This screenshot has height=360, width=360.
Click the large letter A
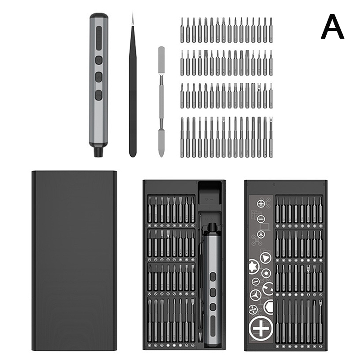pyautogui.click(x=332, y=27)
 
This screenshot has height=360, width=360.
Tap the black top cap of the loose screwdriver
pyautogui.click(x=99, y=16)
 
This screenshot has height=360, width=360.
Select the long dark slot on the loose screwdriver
pyautogui.click(x=99, y=38)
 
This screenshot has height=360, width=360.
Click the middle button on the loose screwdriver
pyautogui.click(x=99, y=77)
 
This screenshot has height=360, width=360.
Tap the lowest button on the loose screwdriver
pyautogui.click(x=99, y=95)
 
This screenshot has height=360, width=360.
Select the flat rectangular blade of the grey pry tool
pyautogui.click(x=162, y=55)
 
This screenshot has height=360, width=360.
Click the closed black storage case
pyautogui.click(x=74, y=261)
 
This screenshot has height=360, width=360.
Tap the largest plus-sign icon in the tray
pyautogui.click(x=261, y=328)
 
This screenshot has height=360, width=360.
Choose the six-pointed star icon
pyautogui.click(x=253, y=266)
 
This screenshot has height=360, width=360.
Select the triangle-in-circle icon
pyautogui.click(x=265, y=258)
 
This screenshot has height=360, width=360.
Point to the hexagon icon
pyautogui.click(x=268, y=306)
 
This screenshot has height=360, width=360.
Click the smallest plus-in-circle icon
pyautogui.click(x=261, y=203)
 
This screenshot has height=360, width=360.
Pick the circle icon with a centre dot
pyautogui.click(x=266, y=273)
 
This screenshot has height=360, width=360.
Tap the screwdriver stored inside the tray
pyautogui.click(x=213, y=285)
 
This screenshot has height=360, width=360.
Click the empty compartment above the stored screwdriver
pyautogui.click(x=210, y=193)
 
